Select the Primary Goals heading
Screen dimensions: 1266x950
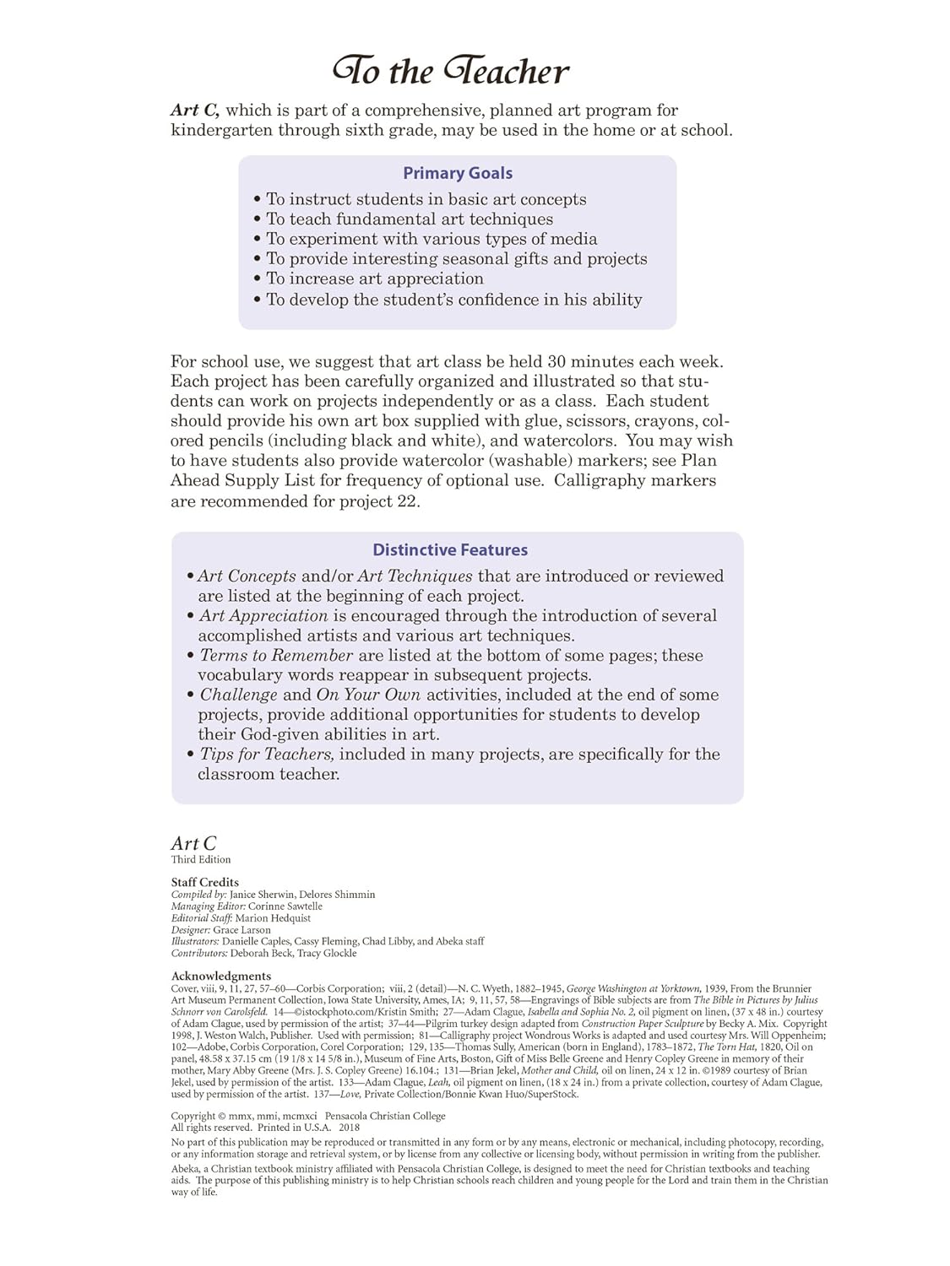point(457,173)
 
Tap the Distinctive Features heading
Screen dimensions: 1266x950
point(450,550)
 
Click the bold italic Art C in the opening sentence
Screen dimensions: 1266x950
point(195,111)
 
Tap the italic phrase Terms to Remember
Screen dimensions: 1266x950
point(276,656)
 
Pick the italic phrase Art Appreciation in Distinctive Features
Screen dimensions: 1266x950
point(263,616)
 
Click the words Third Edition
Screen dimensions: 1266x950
point(201,860)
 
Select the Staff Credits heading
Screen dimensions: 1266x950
point(205,883)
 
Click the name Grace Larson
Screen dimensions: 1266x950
point(242,930)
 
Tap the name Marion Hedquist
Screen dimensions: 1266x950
point(273,918)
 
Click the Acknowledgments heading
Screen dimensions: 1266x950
point(221,977)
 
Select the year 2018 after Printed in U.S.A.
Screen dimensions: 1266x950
point(349,1128)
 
